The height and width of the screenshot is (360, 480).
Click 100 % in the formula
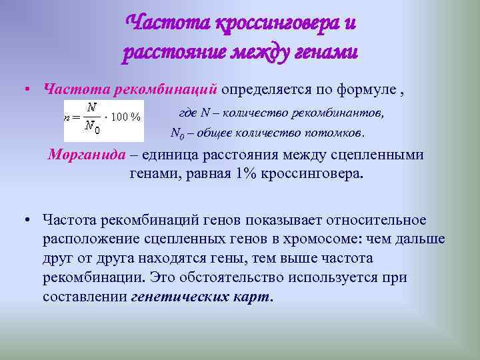[125, 117]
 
